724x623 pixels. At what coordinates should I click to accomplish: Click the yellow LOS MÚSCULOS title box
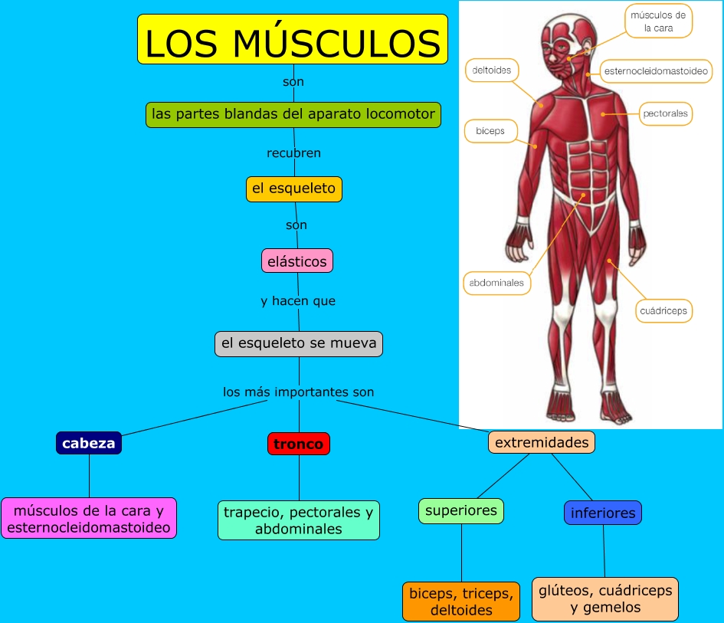[293, 39]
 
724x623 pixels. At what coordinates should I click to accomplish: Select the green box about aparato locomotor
[293, 114]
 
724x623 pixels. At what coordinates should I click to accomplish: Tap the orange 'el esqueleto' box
[293, 189]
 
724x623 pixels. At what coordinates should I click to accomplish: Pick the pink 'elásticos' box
[297, 261]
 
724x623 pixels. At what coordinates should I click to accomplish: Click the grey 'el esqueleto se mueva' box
[299, 343]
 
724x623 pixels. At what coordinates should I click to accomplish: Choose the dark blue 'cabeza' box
[89, 443]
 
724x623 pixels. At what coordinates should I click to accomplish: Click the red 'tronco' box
[299, 444]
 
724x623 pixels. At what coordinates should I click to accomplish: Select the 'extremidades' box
[542, 442]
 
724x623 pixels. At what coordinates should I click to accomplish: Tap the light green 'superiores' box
[461, 510]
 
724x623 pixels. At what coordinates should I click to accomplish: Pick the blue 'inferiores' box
[603, 513]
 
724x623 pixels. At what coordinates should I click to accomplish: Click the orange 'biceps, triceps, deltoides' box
[461, 602]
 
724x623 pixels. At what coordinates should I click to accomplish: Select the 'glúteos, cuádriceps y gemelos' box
[605, 598]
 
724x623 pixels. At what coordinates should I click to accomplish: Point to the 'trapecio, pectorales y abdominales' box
[299, 520]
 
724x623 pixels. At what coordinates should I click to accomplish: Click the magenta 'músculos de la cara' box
[89, 518]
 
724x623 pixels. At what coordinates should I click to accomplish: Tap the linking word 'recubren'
[293, 153]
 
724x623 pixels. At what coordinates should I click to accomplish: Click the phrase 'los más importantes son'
[299, 392]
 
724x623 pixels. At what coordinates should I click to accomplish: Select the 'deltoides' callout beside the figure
[492, 70]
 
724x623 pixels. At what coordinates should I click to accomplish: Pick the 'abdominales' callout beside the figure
[496, 283]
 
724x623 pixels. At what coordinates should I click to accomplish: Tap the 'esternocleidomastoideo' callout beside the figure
[656, 71]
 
